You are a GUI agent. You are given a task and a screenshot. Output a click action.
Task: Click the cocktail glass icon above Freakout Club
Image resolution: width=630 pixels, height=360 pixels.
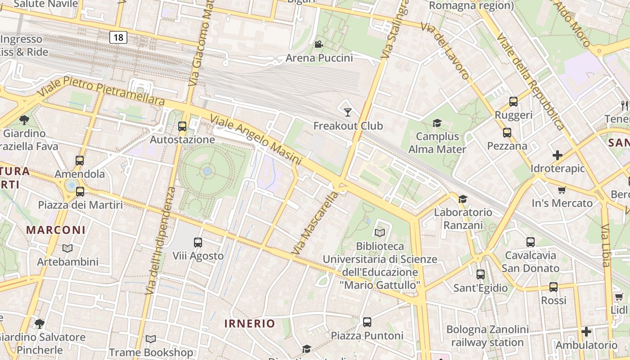tap(347, 112)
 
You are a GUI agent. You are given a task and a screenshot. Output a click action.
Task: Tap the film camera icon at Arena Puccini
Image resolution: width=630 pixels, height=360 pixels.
tap(319, 44)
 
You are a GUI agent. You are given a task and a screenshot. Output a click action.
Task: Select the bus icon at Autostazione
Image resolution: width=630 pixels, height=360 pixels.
tap(182, 126)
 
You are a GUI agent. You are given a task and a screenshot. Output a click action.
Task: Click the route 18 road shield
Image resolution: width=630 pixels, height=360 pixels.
tap(118, 37)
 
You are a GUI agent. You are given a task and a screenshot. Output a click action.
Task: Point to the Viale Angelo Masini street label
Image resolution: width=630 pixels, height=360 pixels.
tap(256, 140)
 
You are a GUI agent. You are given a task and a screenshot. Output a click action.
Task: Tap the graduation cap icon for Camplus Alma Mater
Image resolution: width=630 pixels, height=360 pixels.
tap(437, 123)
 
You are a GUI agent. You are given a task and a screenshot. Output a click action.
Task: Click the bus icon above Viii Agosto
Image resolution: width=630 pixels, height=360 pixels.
tap(198, 243)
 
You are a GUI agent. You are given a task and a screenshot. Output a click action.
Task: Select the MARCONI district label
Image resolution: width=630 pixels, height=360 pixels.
tap(56, 230)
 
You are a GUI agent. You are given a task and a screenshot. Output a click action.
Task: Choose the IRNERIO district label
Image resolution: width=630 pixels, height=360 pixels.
tap(249, 323)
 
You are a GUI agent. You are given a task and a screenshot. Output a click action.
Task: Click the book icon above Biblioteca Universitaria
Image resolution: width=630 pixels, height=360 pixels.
tap(380, 233)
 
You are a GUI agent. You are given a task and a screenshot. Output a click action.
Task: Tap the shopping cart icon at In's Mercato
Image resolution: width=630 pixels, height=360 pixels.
tap(562, 190)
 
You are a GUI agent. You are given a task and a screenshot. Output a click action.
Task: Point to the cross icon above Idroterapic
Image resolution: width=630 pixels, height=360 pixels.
tap(558, 155)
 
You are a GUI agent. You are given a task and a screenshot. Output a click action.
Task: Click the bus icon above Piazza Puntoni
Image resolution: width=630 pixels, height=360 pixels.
tap(367, 322)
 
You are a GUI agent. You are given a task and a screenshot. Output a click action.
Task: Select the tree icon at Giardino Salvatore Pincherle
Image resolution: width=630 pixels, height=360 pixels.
tap(40, 324)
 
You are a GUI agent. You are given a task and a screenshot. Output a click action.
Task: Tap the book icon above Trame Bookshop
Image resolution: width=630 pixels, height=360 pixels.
tap(151, 339)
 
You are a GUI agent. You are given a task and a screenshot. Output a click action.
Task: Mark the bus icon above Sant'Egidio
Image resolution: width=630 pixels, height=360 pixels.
tap(481, 274)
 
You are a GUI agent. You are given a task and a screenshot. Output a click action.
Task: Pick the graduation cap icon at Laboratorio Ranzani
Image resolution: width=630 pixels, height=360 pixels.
tap(462, 199)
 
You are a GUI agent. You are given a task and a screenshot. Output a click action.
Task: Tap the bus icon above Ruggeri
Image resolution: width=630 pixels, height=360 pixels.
tap(513, 102)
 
